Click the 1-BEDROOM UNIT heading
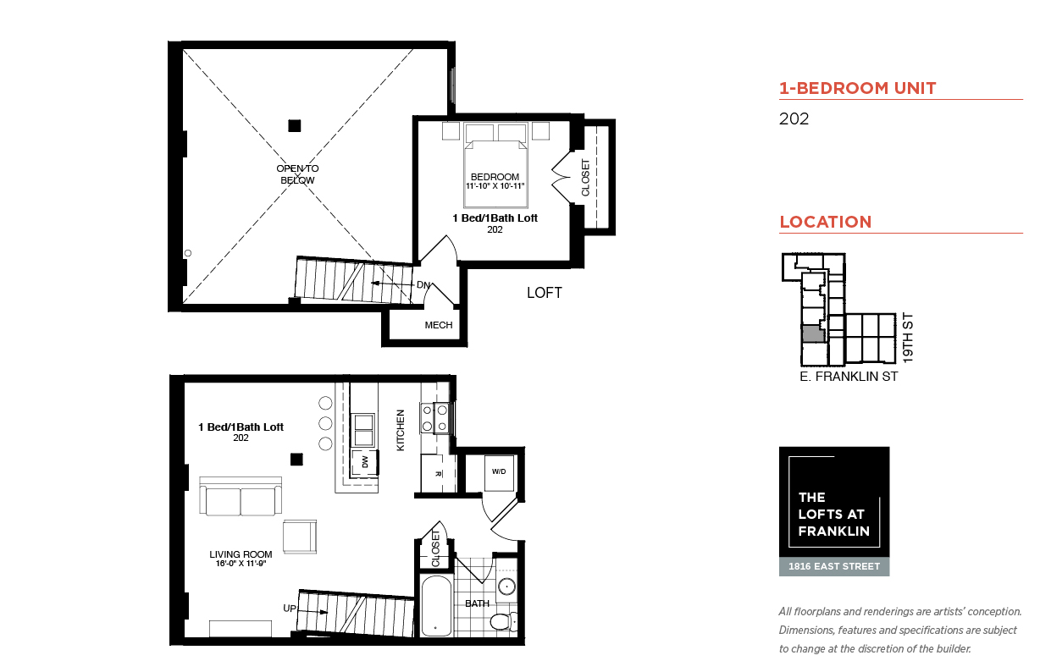[x=857, y=88]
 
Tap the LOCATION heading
[x=825, y=222]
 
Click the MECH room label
[x=439, y=325]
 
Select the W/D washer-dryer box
[x=499, y=472]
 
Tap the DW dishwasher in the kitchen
[x=364, y=462]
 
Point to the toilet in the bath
[x=503, y=621]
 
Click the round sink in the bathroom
[x=506, y=587]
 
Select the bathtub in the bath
[x=436, y=606]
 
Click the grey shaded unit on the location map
[x=813, y=334]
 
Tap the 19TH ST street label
[x=908, y=338]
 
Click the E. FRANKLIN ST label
[x=849, y=377]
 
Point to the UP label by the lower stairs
[x=290, y=608]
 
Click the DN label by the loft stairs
[x=423, y=284]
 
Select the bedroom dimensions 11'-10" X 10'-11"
[x=495, y=186]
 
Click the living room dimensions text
[x=241, y=564]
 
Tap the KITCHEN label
[x=401, y=430]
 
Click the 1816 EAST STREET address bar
[x=834, y=566]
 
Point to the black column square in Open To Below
[x=295, y=126]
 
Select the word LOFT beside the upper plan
[x=545, y=293]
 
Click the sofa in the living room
[x=241, y=496]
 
